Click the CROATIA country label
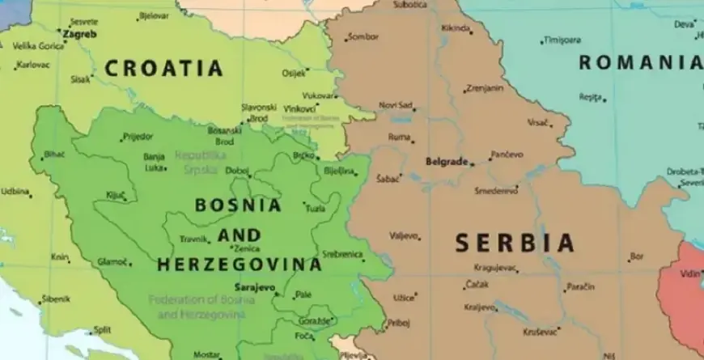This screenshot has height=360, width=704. click(163, 68)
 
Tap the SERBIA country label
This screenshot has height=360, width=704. click(515, 243)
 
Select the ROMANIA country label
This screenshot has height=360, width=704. click(640, 62)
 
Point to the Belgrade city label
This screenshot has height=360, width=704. click(447, 162)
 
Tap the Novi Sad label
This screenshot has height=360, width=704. click(396, 105)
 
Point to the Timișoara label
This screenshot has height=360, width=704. click(563, 40)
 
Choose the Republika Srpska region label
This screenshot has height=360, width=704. click(201, 160)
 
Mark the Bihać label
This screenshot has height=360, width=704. click(54, 154)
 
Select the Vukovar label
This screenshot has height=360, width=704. click(318, 95)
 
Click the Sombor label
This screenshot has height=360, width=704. click(363, 37)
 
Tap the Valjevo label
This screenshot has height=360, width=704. click(404, 236)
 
